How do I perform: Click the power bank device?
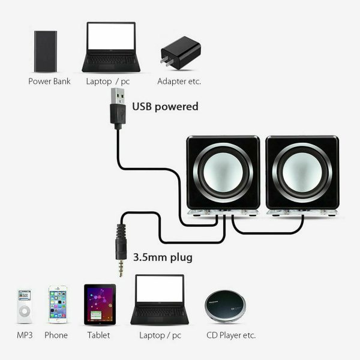click(x=46, y=52)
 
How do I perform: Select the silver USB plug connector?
click(x=118, y=96)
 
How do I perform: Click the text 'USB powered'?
click(x=166, y=107)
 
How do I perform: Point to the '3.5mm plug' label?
click(x=163, y=257)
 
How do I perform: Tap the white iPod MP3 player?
click(x=25, y=306)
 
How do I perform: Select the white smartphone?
click(x=58, y=304)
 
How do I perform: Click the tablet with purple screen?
click(x=100, y=305)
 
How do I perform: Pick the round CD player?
click(x=225, y=306)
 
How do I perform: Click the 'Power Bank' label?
click(x=49, y=81)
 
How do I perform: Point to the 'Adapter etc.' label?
click(x=179, y=81)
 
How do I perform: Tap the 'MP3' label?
click(x=25, y=335)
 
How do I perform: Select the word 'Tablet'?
click(x=99, y=335)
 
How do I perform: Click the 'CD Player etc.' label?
click(x=231, y=335)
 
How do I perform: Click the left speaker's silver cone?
click(x=223, y=172)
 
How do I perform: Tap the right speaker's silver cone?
click(x=302, y=172)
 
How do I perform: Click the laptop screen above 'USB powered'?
click(x=111, y=36)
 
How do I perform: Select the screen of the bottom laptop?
click(x=160, y=289)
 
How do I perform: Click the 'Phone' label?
click(x=56, y=335)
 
